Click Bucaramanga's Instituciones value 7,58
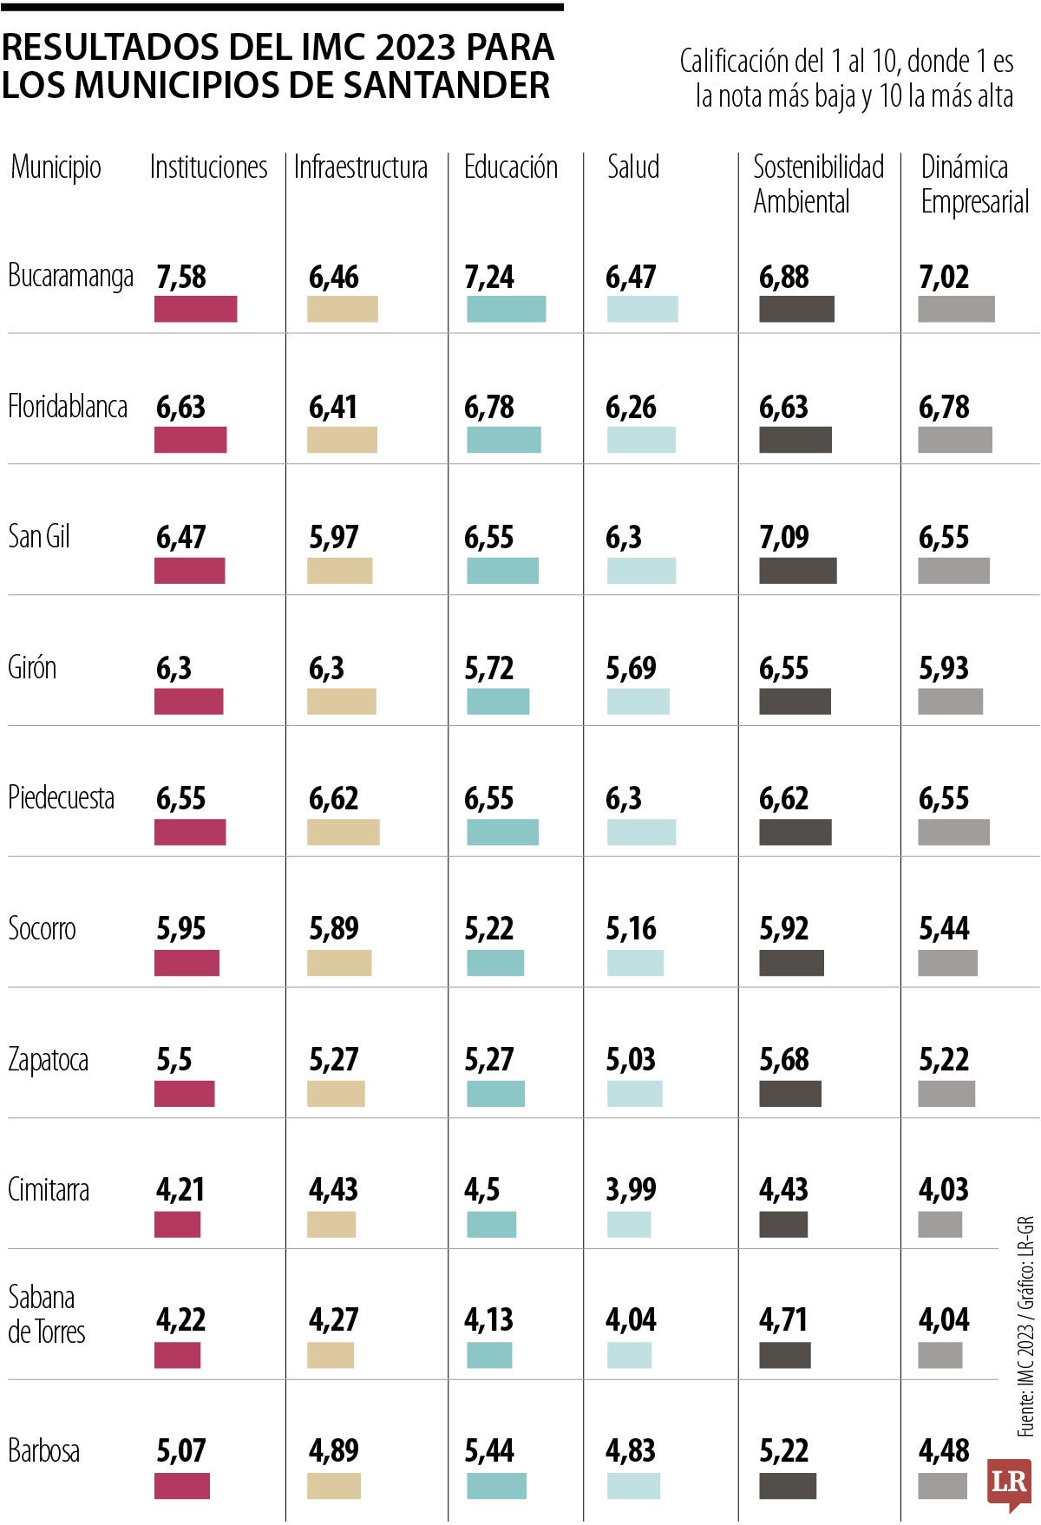click(181, 278)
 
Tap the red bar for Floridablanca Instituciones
click(190, 440)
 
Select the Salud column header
click(632, 167)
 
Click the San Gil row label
click(39, 536)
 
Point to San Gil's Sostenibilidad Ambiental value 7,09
click(783, 538)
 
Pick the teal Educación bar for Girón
click(497, 701)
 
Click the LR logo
click(1009, 1480)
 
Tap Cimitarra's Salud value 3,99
click(630, 1189)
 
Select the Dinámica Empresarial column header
click(973, 184)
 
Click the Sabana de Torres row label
click(46, 1313)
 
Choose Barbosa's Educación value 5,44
click(488, 1450)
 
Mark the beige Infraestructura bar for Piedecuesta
click(343, 832)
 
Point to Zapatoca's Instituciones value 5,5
click(173, 1059)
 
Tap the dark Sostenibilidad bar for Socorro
click(791, 963)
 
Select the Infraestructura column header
click(360, 167)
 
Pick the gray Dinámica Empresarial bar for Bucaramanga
click(956, 309)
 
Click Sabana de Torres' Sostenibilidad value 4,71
click(782, 1320)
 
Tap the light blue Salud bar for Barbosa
click(633, 1486)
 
